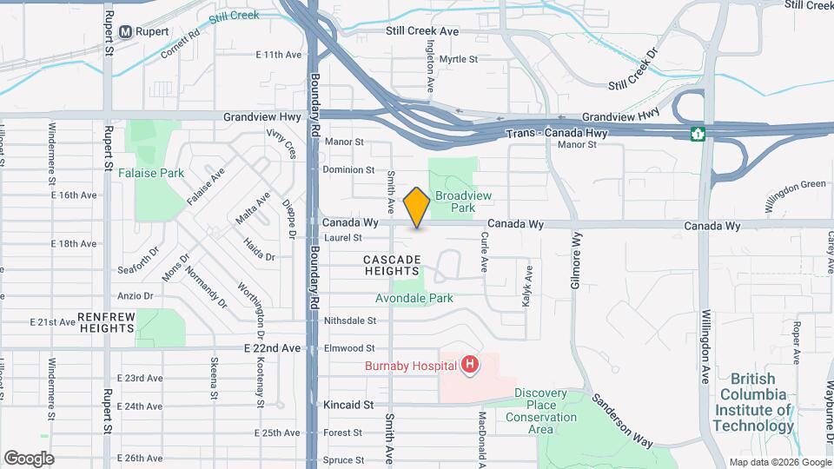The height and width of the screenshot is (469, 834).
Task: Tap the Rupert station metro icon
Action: click(x=126, y=31)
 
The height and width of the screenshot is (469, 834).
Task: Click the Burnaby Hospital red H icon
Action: click(x=470, y=365)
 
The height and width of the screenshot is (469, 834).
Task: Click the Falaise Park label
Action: click(x=151, y=173)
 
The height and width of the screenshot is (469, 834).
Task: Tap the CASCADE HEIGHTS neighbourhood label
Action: click(x=392, y=266)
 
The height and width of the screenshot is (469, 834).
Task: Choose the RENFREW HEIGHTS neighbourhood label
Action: click(x=106, y=322)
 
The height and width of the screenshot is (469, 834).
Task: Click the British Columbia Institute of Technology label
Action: click(x=752, y=402)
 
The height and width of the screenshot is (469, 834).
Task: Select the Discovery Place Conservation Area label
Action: click(x=546, y=411)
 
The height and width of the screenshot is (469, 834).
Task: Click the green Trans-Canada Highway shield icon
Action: click(x=697, y=134)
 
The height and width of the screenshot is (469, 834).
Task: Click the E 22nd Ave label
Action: click(x=273, y=348)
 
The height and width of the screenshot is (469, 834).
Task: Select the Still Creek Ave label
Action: click(x=422, y=31)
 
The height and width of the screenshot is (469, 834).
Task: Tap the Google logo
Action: click(x=29, y=459)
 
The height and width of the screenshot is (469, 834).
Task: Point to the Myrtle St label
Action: click(x=459, y=59)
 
